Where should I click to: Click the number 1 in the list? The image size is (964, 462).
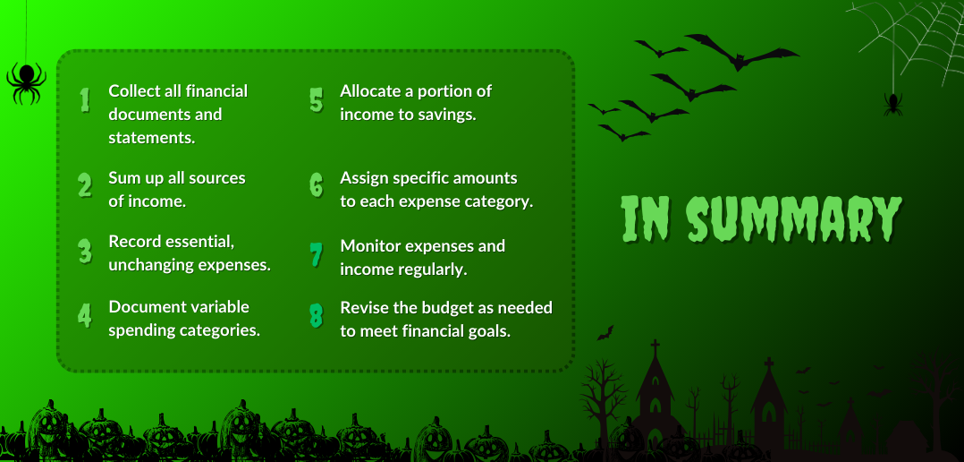pos(85,99)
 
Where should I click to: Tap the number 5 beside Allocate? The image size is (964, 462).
pos(316,99)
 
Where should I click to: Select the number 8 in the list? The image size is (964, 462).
pos(316,315)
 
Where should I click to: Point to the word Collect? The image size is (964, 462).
pos(131,91)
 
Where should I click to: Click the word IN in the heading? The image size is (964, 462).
pos(646,219)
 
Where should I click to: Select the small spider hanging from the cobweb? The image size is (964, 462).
pos(892,104)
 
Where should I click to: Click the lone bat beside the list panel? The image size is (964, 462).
pos(605,333)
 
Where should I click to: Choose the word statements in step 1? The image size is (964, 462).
pos(152,138)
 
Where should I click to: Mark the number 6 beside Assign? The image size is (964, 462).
pos(316,184)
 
